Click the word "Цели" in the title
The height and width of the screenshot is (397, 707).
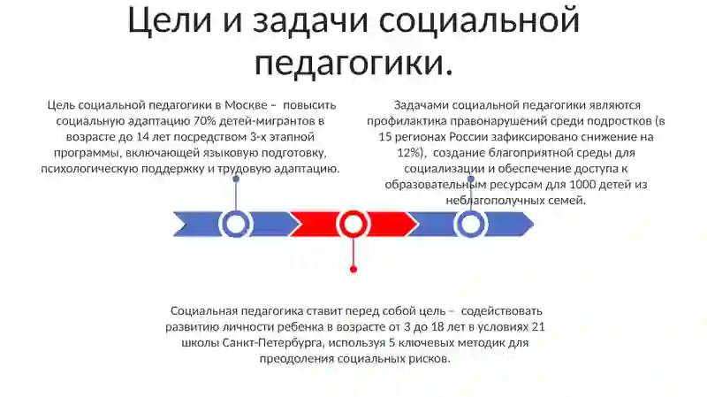pyautogui.click(x=170, y=20)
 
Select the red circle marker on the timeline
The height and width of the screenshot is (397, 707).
pyautogui.click(x=353, y=224)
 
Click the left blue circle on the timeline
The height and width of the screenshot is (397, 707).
pyautogui.click(x=235, y=224)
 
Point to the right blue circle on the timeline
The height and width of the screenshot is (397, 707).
pyautogui.click(x=470, y=224)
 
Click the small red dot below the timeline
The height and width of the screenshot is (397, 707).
pyautogui.click(x=353, y=270)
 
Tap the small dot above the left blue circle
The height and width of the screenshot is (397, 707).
pyautogui.click(x=236, y=179)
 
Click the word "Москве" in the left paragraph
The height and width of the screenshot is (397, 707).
pyautogui.click(x=247, y=105)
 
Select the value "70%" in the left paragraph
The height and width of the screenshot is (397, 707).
pyautogui.click(x=204, y=121)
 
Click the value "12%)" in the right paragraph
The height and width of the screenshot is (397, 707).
pyautogui.click(x=410, y=153)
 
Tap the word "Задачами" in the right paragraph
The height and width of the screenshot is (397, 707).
pyautogui.click(x=422, y=105)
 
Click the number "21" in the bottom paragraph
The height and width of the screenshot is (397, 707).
pyautogui.click(x=538, y=326)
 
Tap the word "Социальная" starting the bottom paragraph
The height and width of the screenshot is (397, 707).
pyautogui.click(x=204, y=311)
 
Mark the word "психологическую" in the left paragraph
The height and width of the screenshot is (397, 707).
pyautogui.click(x=89, y=169)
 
